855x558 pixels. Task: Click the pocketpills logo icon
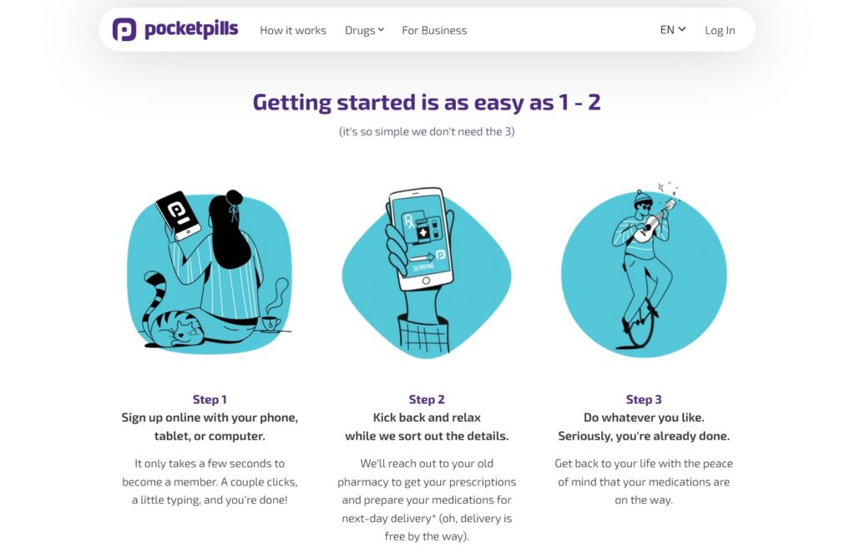coord(124,29)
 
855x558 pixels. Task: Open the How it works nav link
coord(293,31)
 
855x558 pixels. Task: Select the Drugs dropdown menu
coord(364,31)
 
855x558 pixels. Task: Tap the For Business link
coord(434,31)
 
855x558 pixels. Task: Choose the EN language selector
coord(672,29)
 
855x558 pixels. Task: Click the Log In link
coord(720,31)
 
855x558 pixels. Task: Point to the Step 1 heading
coord(210,399)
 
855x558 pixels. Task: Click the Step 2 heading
coord(427,399)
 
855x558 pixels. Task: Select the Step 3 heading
coord(644,399)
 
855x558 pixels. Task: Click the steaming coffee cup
coord(271,323)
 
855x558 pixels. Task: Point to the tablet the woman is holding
coord(179,214)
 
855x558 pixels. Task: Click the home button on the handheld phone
coord(426,281)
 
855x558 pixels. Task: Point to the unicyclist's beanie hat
coord(643,197)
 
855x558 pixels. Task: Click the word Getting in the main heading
coord(291,103)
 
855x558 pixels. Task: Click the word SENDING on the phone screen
coord(423,266)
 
